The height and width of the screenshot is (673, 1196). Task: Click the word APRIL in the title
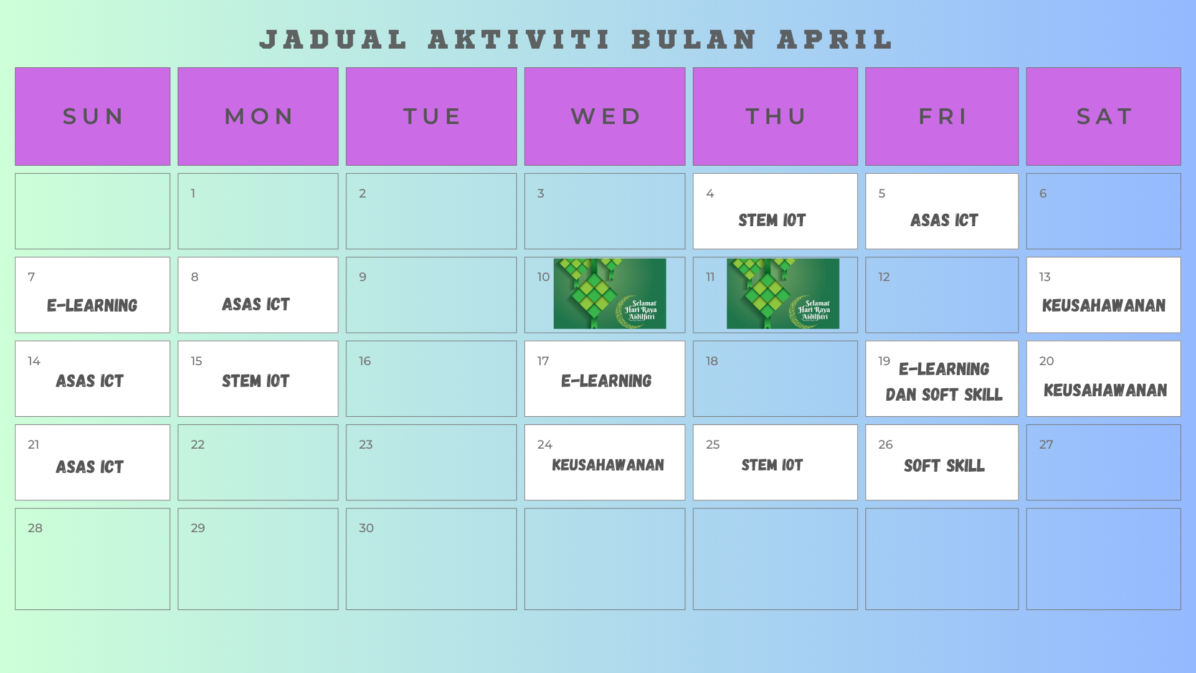point(835,39)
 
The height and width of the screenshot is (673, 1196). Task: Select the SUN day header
point(93,117)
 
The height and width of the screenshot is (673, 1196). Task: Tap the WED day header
point(605,117)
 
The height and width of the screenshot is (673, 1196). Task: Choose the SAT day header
point(1103,117)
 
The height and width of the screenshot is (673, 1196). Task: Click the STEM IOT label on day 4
point(772,220)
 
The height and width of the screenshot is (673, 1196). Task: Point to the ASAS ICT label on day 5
point(944,220)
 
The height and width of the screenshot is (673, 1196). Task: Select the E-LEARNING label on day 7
point(92,305)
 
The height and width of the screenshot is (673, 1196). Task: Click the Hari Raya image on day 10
point(610,294)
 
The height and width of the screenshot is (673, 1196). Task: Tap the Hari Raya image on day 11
point(783,294)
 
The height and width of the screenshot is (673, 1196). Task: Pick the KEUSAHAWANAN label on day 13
point(1104,305)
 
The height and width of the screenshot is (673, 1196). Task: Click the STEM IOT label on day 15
point(255,381)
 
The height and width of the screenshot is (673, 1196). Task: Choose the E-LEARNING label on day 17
point(606,381)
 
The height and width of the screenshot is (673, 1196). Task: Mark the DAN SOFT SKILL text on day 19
point(944,394)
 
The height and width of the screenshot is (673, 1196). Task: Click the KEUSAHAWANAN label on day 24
point(608,465)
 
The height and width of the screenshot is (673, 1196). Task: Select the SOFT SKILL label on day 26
point(944,465)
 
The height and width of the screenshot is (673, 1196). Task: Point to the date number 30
point(366,528)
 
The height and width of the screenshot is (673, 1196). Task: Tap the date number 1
point(193,193)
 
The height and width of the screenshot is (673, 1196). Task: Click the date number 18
point(712,361)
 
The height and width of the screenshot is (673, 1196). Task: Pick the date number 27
point(1046,444)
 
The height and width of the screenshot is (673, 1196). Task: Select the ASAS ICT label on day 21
point(90,467)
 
